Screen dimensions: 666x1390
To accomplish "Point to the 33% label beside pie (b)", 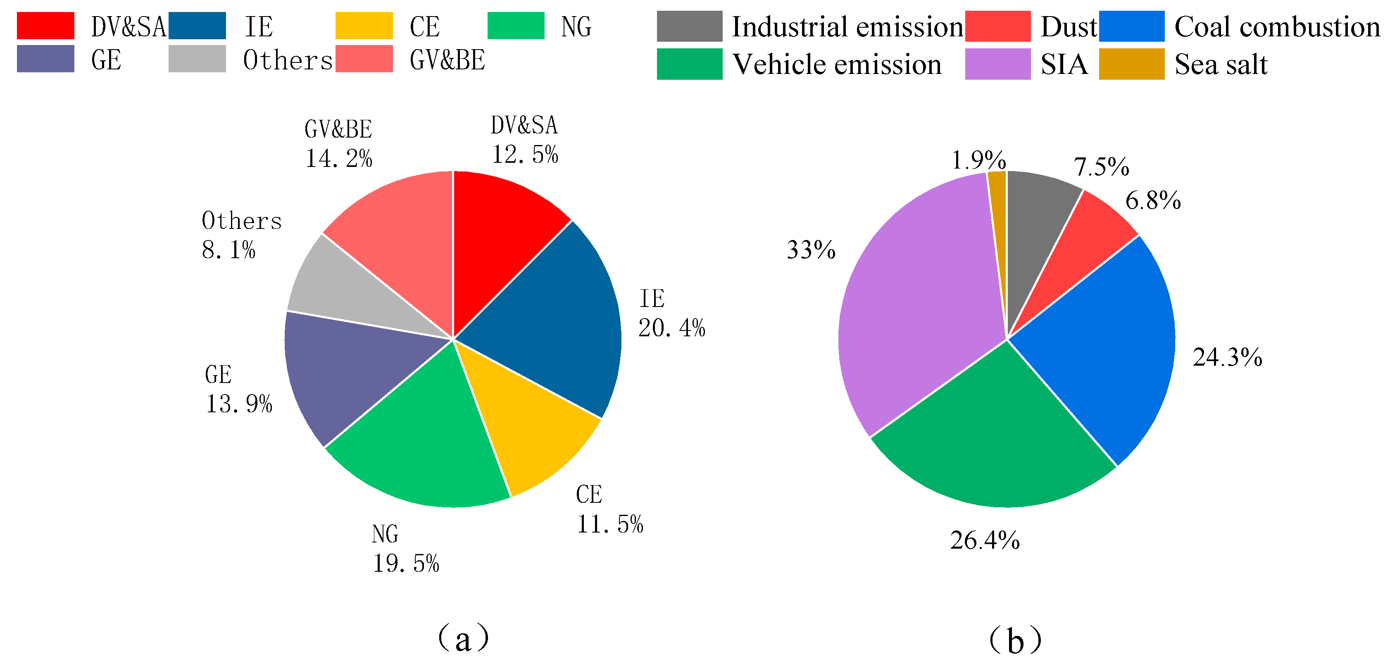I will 810,250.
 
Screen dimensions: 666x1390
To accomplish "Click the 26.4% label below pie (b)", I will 985,541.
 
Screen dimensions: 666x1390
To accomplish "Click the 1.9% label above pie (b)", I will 978,160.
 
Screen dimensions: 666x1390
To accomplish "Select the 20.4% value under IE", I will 672,328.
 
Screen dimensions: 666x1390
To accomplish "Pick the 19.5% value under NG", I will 406,564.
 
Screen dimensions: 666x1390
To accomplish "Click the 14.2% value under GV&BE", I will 339,159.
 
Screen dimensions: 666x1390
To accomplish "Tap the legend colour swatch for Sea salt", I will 1131,64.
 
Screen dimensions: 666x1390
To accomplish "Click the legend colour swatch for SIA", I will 997,64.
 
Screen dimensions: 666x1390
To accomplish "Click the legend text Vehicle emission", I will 836,64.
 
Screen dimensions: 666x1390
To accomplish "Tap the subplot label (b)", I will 1015,640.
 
